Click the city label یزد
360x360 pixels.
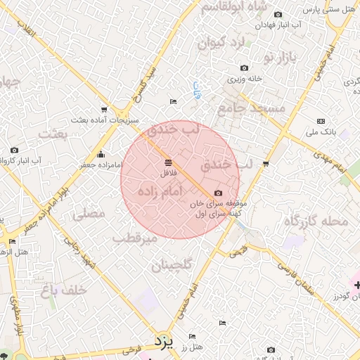click(x=163, y=343)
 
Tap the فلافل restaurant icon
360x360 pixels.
click(x=167, y=163)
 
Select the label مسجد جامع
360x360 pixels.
click(x=251, y=108)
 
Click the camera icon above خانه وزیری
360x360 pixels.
click(x=244, y=68)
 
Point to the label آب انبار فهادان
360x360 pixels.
click(x=278, y=25)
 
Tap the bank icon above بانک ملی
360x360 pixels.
click(x=321, y=121)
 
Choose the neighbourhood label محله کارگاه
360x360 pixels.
click(x=316, y=221)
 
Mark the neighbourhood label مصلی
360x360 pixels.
click(x=89, y=213)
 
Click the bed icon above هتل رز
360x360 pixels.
click(x=193, y=336)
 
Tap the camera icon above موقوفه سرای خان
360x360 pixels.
click(x=218, y=193)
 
